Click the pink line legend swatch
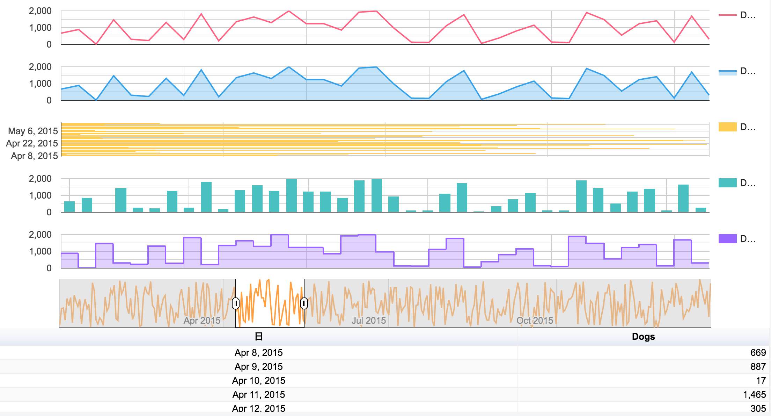pos(727,15)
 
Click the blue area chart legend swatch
pos(727,72)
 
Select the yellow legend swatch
pos(727,127)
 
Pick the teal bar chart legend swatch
pos(727,183)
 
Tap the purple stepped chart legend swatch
pos(727,239)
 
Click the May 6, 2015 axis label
pos(33,131)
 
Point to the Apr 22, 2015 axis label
pos(32,143)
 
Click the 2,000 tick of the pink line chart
pos(40,11)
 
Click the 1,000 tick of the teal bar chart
pos(40,195)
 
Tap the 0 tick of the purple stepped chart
pos(49,268)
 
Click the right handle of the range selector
pos(304,303)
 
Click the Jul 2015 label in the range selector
pos(368,321)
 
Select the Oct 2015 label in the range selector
pos(535,321)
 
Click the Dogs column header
pos(643,337)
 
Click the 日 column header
pos(258,337)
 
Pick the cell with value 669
pos(758,353)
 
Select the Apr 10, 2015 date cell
pos(258,381)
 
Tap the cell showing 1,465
pos(754,395)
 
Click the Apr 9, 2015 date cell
pos(258,367)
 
